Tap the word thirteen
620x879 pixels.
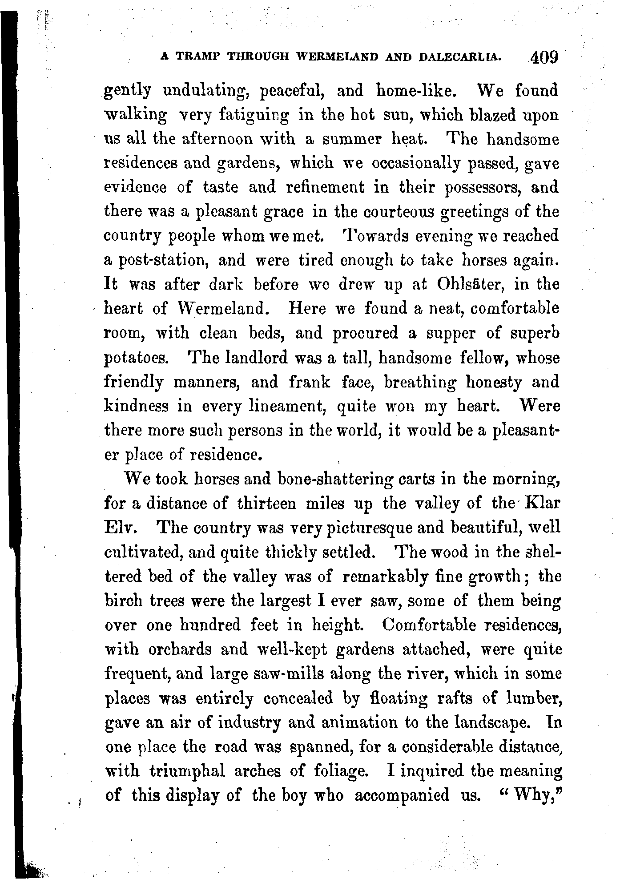(266, 504)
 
